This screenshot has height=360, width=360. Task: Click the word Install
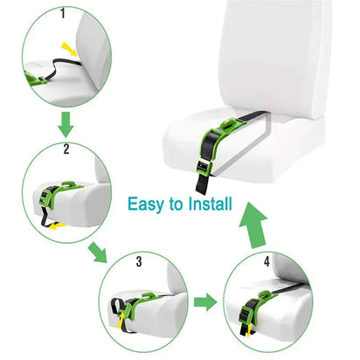(x=207, y=206)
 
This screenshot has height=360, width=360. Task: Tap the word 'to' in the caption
(x=176, y=206)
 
